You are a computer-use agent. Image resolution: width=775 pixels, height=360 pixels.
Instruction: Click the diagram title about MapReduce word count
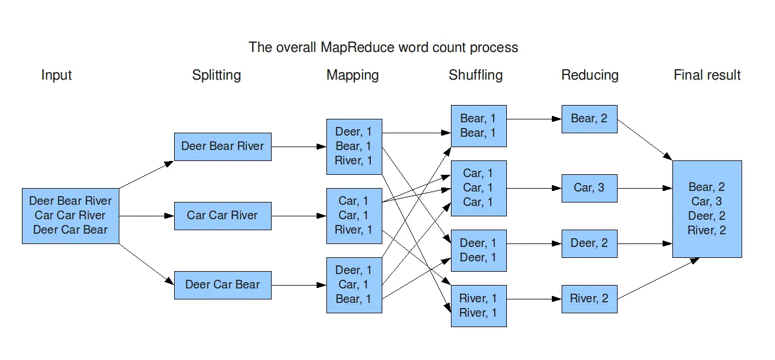pyautogui.click(x=383, y=47)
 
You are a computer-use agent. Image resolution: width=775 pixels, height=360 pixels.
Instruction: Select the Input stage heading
pyautogui.click(x=57, y=75)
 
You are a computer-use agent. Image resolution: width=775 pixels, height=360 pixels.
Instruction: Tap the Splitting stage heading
pyautogui.click(x=216, y=75)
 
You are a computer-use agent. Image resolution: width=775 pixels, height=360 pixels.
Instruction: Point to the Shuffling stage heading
pyautogui.click(x=475, y=75)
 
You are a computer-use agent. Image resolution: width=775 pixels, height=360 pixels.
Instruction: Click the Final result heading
pyautogui.click(x=706, y=75)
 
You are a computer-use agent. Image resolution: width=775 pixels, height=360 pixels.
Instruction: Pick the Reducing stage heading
pyautogui.click(x=589, y=75)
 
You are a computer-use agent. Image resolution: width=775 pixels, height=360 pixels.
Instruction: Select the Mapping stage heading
pyautogui.click(x=352, y=75)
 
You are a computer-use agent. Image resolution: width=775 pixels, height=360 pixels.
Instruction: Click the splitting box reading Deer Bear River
pyautogui.click(x=223, y=147)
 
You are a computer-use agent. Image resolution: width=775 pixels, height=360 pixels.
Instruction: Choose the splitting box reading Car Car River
pyautogui.click(x=223, y=216)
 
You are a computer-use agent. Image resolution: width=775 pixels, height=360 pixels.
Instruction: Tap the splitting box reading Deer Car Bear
pyautogui.click(x=223, y=285)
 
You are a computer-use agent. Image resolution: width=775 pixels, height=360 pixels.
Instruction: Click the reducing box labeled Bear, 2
pyautogui.click(x=589, y=119)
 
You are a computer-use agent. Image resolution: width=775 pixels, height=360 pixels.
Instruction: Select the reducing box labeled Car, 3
pyautogui.click(x=589, y=188)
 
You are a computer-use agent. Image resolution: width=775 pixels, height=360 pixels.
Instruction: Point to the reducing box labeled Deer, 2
pyautogui.click(x=589, y=243)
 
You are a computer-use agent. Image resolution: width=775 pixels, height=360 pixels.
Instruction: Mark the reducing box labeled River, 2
pyautogui.click(x=589, y=299)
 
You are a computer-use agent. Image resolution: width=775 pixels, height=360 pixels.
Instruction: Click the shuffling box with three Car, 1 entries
pyautogui.click(x=479, y=188)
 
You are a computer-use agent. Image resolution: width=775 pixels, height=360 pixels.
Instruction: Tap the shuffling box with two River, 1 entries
pyautogui.click(x=479, y=306)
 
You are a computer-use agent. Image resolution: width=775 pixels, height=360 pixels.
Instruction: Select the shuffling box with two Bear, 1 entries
pyautogui.click(x=479, y=126)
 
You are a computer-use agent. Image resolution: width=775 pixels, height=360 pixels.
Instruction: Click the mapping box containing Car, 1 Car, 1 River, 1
pyautogui.click(x=354, y=216)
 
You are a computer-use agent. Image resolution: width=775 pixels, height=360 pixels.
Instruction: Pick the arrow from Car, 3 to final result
pyautogui.click(x=645, y=188)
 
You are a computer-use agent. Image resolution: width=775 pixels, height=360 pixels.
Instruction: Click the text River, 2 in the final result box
pyautogui.click(x=706, y=231)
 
